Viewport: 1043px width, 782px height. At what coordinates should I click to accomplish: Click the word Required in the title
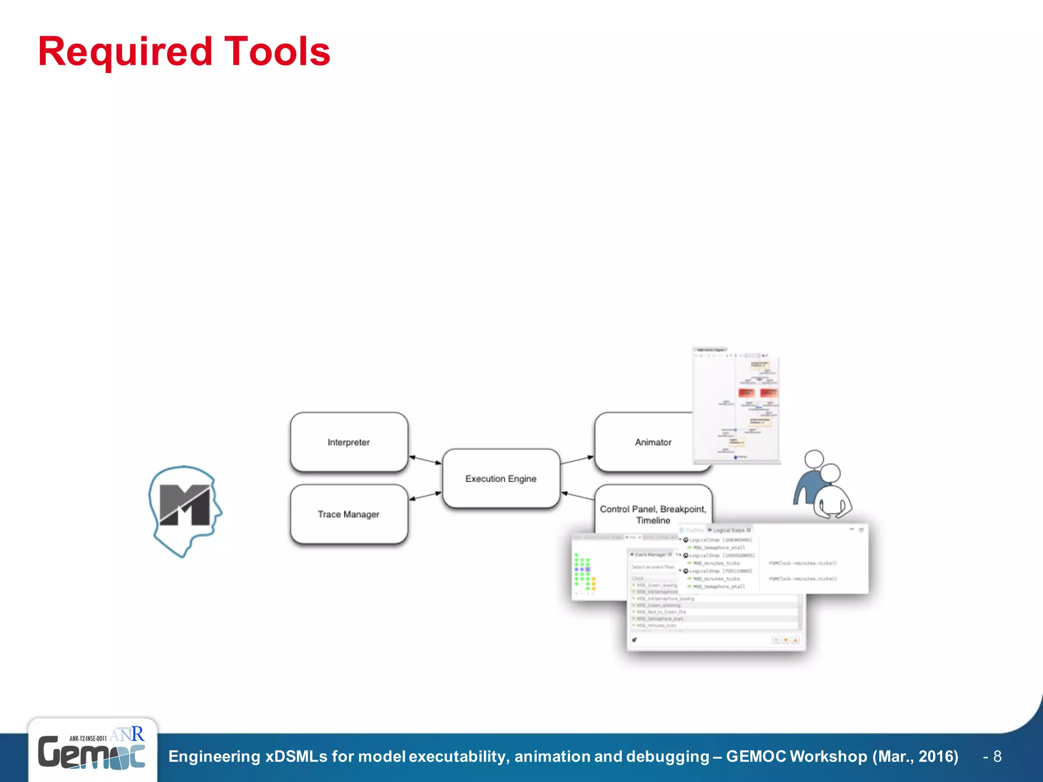coord(125,51)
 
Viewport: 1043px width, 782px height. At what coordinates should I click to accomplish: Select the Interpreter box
coord(349,442)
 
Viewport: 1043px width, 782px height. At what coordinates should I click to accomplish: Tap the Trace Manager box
coord(349,514)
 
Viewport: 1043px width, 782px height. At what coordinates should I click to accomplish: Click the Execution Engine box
coord(501,479)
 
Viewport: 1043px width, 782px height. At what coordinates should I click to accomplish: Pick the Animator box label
coord(653,442)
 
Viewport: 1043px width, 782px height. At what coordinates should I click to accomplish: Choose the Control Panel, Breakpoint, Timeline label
coord(653,514)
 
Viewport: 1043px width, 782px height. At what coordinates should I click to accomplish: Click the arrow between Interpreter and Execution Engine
coord(425,460)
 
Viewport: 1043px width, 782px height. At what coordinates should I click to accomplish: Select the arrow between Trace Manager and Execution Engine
coord(425,496)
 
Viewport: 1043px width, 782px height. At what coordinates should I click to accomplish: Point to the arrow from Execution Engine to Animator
coord(577,460)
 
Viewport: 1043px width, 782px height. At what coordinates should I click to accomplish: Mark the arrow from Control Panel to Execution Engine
coord(578,496)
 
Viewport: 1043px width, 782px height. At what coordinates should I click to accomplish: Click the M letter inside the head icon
coord(184,505)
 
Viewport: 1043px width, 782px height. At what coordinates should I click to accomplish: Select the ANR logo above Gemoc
coord(127,735)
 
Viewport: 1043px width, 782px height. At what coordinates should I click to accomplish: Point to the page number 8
coord(997,757)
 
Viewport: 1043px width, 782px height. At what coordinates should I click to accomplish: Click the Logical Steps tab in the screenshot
coord(729,530)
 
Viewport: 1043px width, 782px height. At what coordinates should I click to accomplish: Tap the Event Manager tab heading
coord(651,554)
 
